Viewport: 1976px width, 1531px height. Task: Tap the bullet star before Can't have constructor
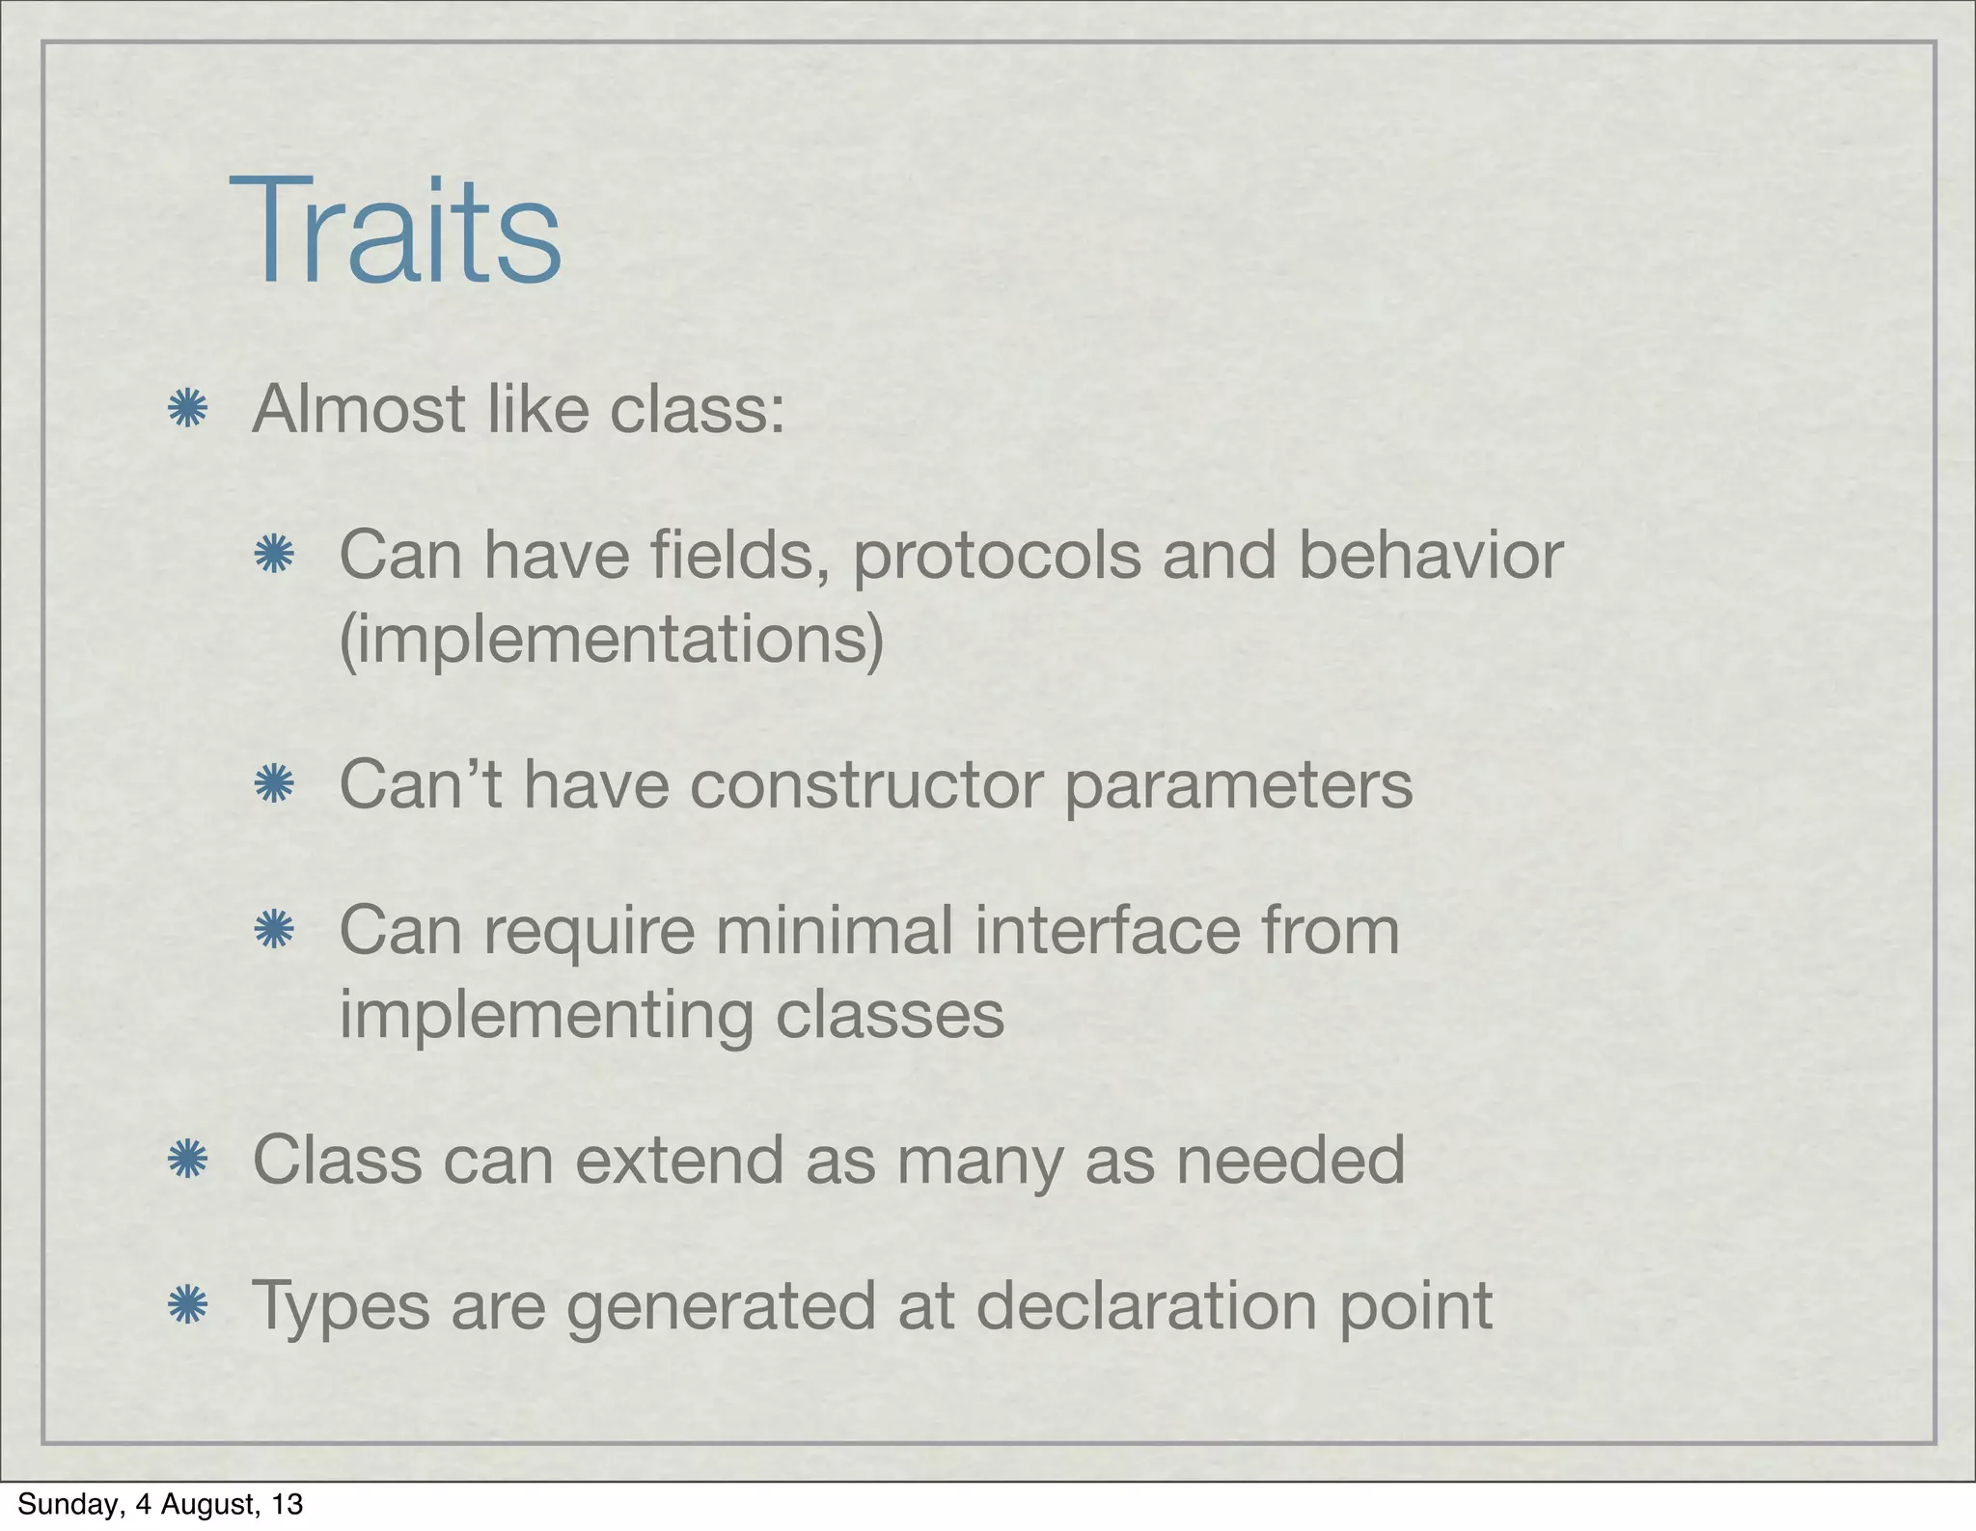coord(274,784)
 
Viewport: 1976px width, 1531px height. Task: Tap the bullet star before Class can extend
coord(187,1160)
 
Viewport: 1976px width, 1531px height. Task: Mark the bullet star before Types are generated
coord(187,1306)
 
